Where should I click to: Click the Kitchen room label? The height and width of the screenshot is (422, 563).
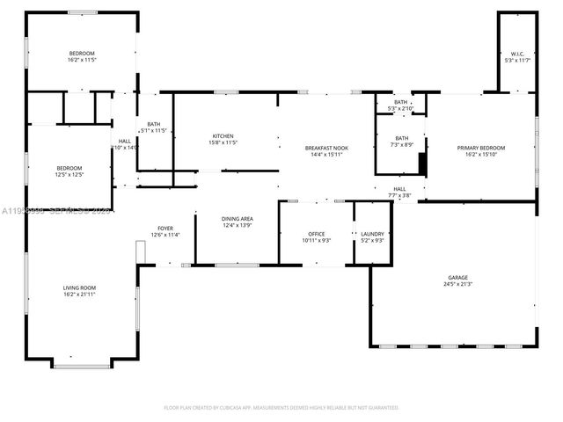pyautogui.click(x=223, y=136)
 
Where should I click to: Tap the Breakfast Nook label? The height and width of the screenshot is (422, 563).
pyautogui.click(x=326, y=148)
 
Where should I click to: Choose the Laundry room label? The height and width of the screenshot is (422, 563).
pyautogui.click(x=373, y=233)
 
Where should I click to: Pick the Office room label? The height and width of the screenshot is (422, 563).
pyautogui.click(x=315, y=233)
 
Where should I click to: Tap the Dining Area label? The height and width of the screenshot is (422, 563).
pyautogui.click(x=237, y=219)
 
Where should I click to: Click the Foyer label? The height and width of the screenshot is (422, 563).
pyautogui.click(x=165, y=228)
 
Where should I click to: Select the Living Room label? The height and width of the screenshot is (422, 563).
pyautogui.click(x=79, y=287)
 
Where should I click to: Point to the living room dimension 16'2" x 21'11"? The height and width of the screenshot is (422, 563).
pyautogui.click(x=79, y=295)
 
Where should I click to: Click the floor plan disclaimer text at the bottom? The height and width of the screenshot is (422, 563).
pyautogui.click(x=281, y=408)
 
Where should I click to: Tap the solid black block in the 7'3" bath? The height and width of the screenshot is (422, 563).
pyautogui.click(x=422, y=165)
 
